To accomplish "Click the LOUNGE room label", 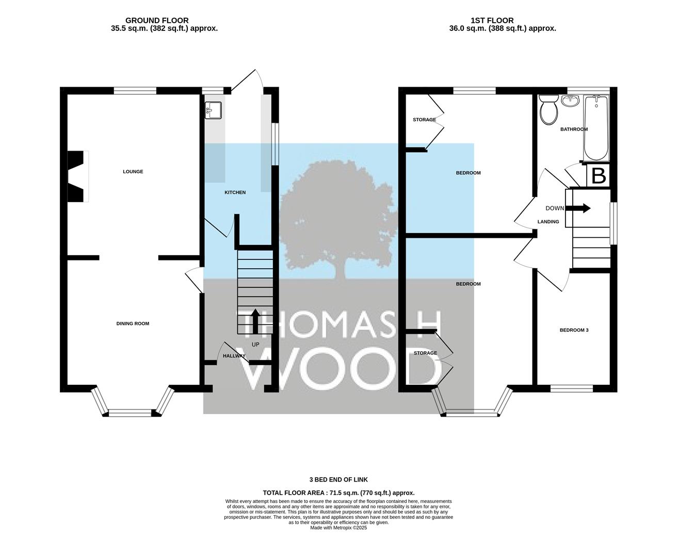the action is click(x=133, y=172).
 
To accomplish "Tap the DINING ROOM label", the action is click(x=133, y=323).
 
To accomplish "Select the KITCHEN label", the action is click(x=235, y=192).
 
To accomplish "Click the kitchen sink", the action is click(x=213, y=110).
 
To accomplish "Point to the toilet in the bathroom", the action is click(x=549, y=109).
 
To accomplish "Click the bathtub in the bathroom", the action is click(x=596, y=128).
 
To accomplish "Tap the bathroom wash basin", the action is click(x=570, y=101).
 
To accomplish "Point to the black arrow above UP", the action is click(x=255, y=321).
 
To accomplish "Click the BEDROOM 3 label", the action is click(x=574, y=330).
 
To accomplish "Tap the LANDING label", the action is click(x=549, y=222).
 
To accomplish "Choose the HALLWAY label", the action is click(x=234, y=356).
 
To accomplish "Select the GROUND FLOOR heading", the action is click(x=157, y=21).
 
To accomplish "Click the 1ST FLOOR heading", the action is click(x=492, y=21).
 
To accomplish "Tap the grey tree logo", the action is click(x=338, y=220).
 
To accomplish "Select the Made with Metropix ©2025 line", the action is click(x=338, y=528).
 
